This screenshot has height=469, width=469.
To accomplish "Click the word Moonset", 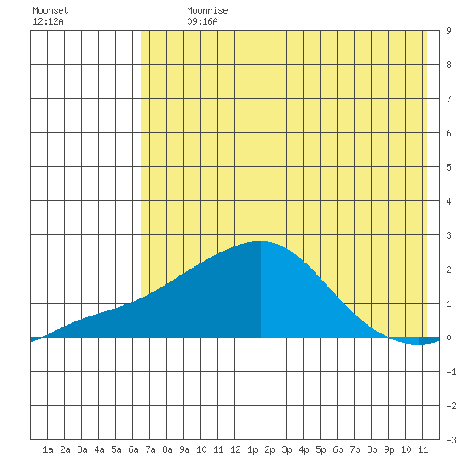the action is [50, 10].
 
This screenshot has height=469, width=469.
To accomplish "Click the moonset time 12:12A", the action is [48, 21].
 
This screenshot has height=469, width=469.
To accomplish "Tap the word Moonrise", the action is [207, 10].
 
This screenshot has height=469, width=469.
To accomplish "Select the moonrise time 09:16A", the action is [202, 21].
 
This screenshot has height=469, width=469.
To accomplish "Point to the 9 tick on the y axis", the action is [449, 31].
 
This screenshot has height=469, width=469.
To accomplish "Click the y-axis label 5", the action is [449, 167].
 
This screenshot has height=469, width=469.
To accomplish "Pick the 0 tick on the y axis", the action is [449, 338].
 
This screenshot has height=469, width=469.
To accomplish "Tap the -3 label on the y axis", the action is [451, 440].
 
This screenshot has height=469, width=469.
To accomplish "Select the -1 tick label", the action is [451, 372].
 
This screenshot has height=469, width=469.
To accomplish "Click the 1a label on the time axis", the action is [48, 449].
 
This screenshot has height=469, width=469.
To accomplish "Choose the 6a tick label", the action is [133, 449].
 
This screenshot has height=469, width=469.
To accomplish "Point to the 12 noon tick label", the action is [235, 449].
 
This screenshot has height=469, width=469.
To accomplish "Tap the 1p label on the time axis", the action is [252, 449].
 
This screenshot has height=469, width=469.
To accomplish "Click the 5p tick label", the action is [321, 449].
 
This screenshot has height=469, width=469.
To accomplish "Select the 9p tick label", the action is [389, 449].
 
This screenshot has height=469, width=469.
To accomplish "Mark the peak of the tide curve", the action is [261, 241].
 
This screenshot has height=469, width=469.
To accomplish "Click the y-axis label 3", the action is [449, 235].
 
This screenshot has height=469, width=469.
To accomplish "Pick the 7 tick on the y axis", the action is [449, 99].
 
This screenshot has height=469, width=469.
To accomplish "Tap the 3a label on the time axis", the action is [82, 449].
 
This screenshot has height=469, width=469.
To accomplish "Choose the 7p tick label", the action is [355, 449].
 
